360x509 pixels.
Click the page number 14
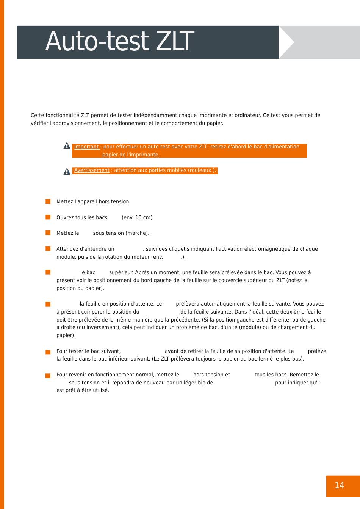[339, 486]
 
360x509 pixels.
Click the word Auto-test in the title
[97, 42]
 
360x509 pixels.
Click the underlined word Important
[86, 147]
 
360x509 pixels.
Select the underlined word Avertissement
[92, 170]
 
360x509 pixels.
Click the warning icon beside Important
[67, 146]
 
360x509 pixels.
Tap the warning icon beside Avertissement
[67, 171]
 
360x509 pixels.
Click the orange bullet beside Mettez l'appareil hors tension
[48, 201]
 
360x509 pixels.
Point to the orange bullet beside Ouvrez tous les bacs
[48, 217]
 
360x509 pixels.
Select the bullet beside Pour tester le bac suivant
[48, 352]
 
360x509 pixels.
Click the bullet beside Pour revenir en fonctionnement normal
[48, 376]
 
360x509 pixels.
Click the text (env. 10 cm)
[138, 218]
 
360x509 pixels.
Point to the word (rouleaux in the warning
[200, 170]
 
